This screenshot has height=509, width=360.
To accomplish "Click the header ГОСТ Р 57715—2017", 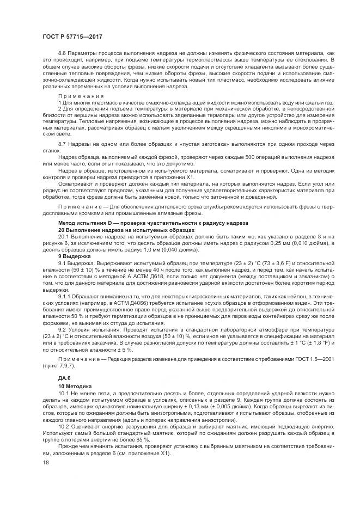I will coord(72,36).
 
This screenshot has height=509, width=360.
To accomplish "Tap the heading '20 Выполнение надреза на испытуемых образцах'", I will coord(126,230).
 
